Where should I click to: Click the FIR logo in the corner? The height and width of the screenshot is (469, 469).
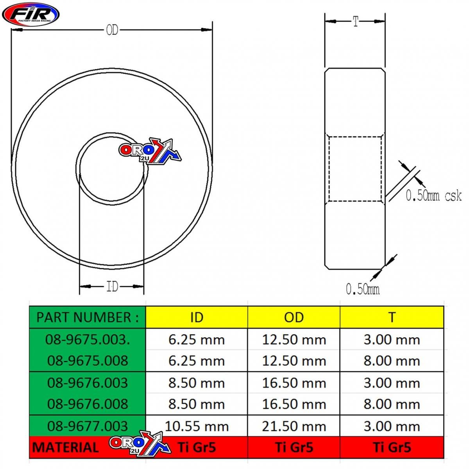(x=30, y=14)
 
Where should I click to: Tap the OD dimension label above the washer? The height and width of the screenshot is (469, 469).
(x=112, y=30)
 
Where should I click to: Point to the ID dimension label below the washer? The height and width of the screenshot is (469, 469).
(x=112, y=287)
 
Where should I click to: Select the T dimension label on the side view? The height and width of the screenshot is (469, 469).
(x=355, y=21)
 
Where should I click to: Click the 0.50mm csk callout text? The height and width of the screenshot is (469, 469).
(x=433, y=195)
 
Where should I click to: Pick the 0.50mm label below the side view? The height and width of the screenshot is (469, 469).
(x=362, y=289)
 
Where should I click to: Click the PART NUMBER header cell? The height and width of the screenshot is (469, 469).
(x=88, y=317)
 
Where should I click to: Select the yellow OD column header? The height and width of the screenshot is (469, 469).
(x=294, y=317)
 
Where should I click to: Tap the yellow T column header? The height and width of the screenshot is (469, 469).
(x=392, y=317)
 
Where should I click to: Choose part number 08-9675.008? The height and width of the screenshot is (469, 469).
(x=88, y=360)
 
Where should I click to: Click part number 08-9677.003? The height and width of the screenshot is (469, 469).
(x=88, y=426)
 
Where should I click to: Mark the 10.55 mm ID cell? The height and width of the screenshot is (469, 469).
(x=197, y=426)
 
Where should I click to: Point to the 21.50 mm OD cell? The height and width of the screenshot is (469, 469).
(x=294, y=426)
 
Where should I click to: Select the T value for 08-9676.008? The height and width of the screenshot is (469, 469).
(x=392, y=404)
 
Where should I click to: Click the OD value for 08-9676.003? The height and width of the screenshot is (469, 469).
(x=294, y=383)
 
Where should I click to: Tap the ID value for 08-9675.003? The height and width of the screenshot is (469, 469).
(x=197, y=339)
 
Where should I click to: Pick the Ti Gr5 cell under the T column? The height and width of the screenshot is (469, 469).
(x=392, y=447)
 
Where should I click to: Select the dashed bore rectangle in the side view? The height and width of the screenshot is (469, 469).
(x=355, y=169)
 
